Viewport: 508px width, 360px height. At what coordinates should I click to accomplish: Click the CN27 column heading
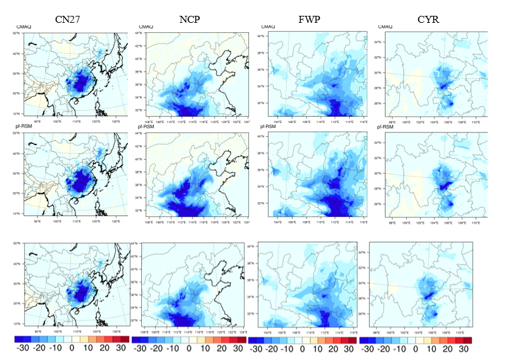pos(68,19)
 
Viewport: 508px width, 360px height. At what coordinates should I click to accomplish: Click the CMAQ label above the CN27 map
pos(23,26)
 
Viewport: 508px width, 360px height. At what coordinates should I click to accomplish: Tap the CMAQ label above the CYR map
pos(385,26)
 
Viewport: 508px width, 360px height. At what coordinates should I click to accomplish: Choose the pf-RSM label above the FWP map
pos(269,127)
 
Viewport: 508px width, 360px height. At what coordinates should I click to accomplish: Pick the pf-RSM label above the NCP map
pos(144,127)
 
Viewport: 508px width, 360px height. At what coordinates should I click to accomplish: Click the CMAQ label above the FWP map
pos(268,26)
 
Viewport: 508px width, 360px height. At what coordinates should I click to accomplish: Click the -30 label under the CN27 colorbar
pos(23,349)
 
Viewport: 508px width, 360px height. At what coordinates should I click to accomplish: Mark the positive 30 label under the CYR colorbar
pos(463,349)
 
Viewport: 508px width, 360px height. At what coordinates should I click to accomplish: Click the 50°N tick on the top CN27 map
pos(18,32)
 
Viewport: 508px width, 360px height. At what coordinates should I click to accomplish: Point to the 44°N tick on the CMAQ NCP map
pos(141,33)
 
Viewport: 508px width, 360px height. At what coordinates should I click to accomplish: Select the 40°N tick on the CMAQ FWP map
pos(260,37)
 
